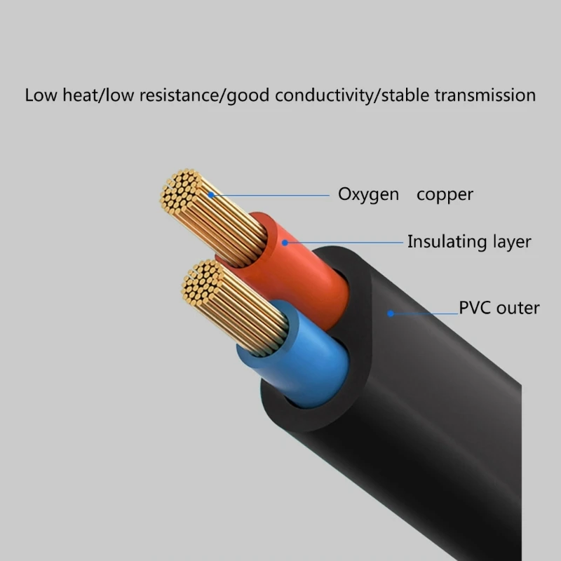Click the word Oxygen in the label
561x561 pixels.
pyautogui.click(x=368, y=194)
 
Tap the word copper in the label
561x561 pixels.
pyautogui.click(x=445, y=194)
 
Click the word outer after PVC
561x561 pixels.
pyautogui.click(x=518, y=307)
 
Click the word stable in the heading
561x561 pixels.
pyautogui.click(x=404, y=95)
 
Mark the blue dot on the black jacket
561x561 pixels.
pyautogui.click(x=391, y=313)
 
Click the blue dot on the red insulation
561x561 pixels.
pyautogui.click(x=285, y=242)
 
